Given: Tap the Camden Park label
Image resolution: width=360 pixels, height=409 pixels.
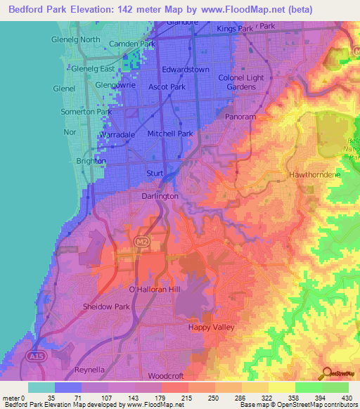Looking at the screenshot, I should (132, 44).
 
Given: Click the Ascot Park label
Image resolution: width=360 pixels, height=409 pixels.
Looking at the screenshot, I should (167, 87).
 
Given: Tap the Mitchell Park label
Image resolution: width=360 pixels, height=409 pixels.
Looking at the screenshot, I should (169, 133).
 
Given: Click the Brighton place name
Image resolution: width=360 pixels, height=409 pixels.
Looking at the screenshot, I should (89, 161).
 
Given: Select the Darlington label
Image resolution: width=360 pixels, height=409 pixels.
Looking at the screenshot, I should (160, 196).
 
